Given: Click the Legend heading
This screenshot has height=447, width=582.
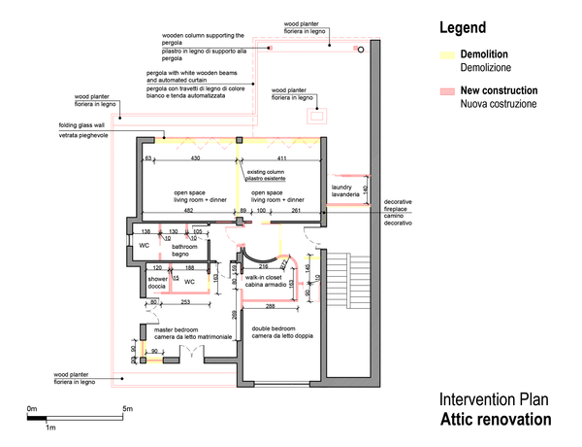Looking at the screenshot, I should click(463, 28).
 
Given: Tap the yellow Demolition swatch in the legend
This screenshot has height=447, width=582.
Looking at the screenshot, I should click(447, 55).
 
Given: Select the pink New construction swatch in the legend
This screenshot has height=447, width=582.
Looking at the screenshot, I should click(447, 90).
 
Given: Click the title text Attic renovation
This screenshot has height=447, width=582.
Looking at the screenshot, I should click(495, 420).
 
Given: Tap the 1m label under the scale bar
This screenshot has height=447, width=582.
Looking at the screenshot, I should click(50, 428).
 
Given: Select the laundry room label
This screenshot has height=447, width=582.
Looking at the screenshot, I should click(346, 190).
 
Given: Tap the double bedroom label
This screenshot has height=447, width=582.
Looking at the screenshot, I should click(282, 332).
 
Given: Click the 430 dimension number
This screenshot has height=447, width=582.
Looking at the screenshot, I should click(195, 157).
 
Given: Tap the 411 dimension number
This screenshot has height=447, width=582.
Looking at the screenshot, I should click(282, 157).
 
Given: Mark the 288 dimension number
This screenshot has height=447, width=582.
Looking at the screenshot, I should click(279, 306).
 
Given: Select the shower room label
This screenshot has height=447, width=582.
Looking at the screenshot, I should click(159, 283).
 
